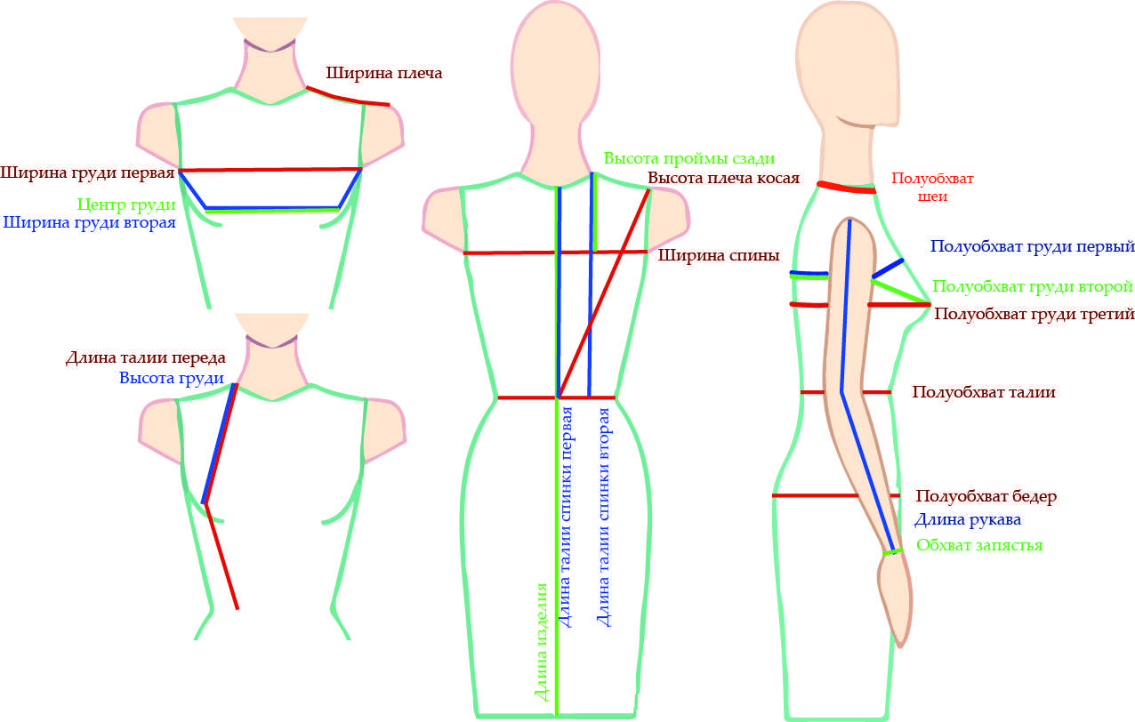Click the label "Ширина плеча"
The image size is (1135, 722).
click(383, 72)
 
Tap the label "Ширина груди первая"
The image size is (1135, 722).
click(87, 172)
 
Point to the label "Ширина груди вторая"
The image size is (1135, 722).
click(89, 222)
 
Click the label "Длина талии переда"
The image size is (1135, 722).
click(145, 358)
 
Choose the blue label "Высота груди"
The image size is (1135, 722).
click(170, 378)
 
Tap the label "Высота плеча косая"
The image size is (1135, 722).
click(723, 178)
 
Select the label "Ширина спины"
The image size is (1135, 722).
click(719, 256)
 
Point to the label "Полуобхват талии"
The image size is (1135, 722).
click(984, 391)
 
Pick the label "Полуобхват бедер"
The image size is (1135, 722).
click(986, 496)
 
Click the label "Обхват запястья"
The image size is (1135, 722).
click(978, 545)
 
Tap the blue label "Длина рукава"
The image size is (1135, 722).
click(968, 519)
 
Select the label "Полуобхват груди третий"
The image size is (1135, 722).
click(1034, 314)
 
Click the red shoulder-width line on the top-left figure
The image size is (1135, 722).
click(348, 97)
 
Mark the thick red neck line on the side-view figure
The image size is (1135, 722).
click(846, 187)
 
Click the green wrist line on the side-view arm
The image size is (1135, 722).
click(892, 552)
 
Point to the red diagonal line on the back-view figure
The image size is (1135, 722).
click(603, 293)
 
